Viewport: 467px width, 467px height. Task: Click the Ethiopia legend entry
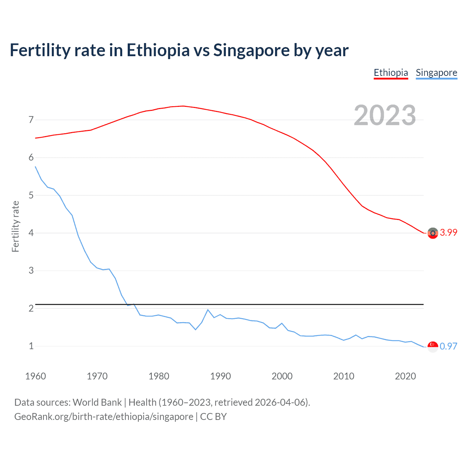[x=391, y=73]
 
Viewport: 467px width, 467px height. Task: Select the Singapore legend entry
[x=436, y=73]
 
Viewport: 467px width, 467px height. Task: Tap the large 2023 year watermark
[x=385, y=115]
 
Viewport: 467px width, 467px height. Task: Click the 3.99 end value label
[x=448, y=233]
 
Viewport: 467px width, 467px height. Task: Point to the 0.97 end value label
[x=448, y=346]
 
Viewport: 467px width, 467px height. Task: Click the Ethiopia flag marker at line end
[x=433, y=233]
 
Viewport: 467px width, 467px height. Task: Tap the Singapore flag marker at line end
[x=433, y=347]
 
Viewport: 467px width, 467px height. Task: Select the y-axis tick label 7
[x=31, y=120]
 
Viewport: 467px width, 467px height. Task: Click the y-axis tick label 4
[x=31, y=233]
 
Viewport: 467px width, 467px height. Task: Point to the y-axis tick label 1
[x=31, y=346]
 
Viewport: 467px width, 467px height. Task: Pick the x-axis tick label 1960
[x=35, y=376]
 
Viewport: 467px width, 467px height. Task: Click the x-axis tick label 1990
[x=220, y=376]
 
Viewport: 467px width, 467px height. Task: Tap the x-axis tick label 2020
[x=405, y=376]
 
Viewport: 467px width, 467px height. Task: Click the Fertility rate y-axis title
[x=15, y=226]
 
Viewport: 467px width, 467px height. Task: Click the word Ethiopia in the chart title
[x=158, y=50]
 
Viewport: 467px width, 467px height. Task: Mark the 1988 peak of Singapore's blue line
[x=208, y=310]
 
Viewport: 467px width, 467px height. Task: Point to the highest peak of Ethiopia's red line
[x=183, y=106]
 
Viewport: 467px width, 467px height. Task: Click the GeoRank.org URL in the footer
[x=104, y=417]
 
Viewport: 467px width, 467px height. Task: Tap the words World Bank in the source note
[x=97, y=402]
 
